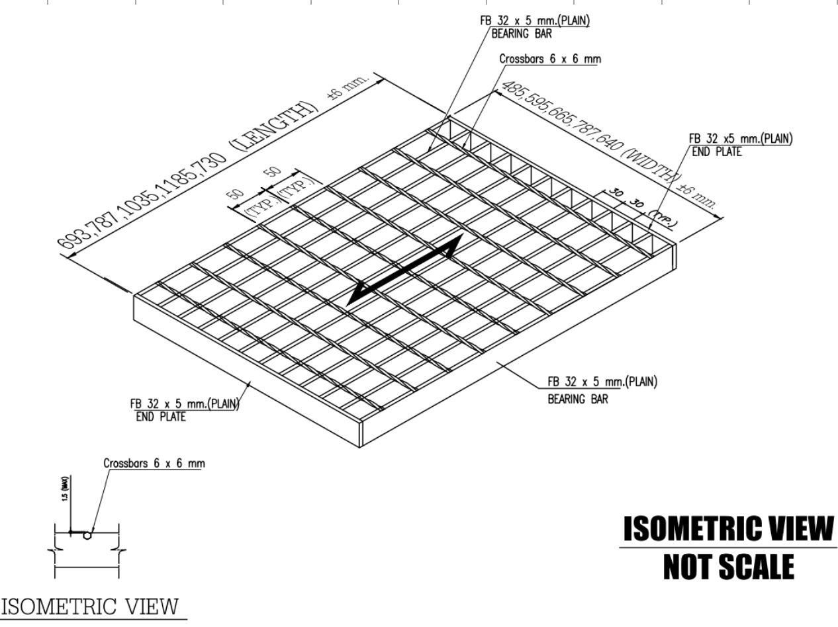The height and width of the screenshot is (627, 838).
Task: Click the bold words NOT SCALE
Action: click(x=728, y=567)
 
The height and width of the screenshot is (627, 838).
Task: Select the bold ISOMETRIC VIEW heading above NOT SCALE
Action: click(x=728, y=530)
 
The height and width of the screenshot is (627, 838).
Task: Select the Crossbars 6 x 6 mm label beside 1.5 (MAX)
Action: click(x=154, y=463)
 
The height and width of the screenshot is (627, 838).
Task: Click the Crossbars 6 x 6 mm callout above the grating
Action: click(x=550, y=60)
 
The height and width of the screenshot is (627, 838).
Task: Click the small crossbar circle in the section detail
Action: click(x=87, y=536)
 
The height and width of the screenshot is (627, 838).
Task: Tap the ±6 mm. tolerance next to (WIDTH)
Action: click(x=699, y=194)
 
